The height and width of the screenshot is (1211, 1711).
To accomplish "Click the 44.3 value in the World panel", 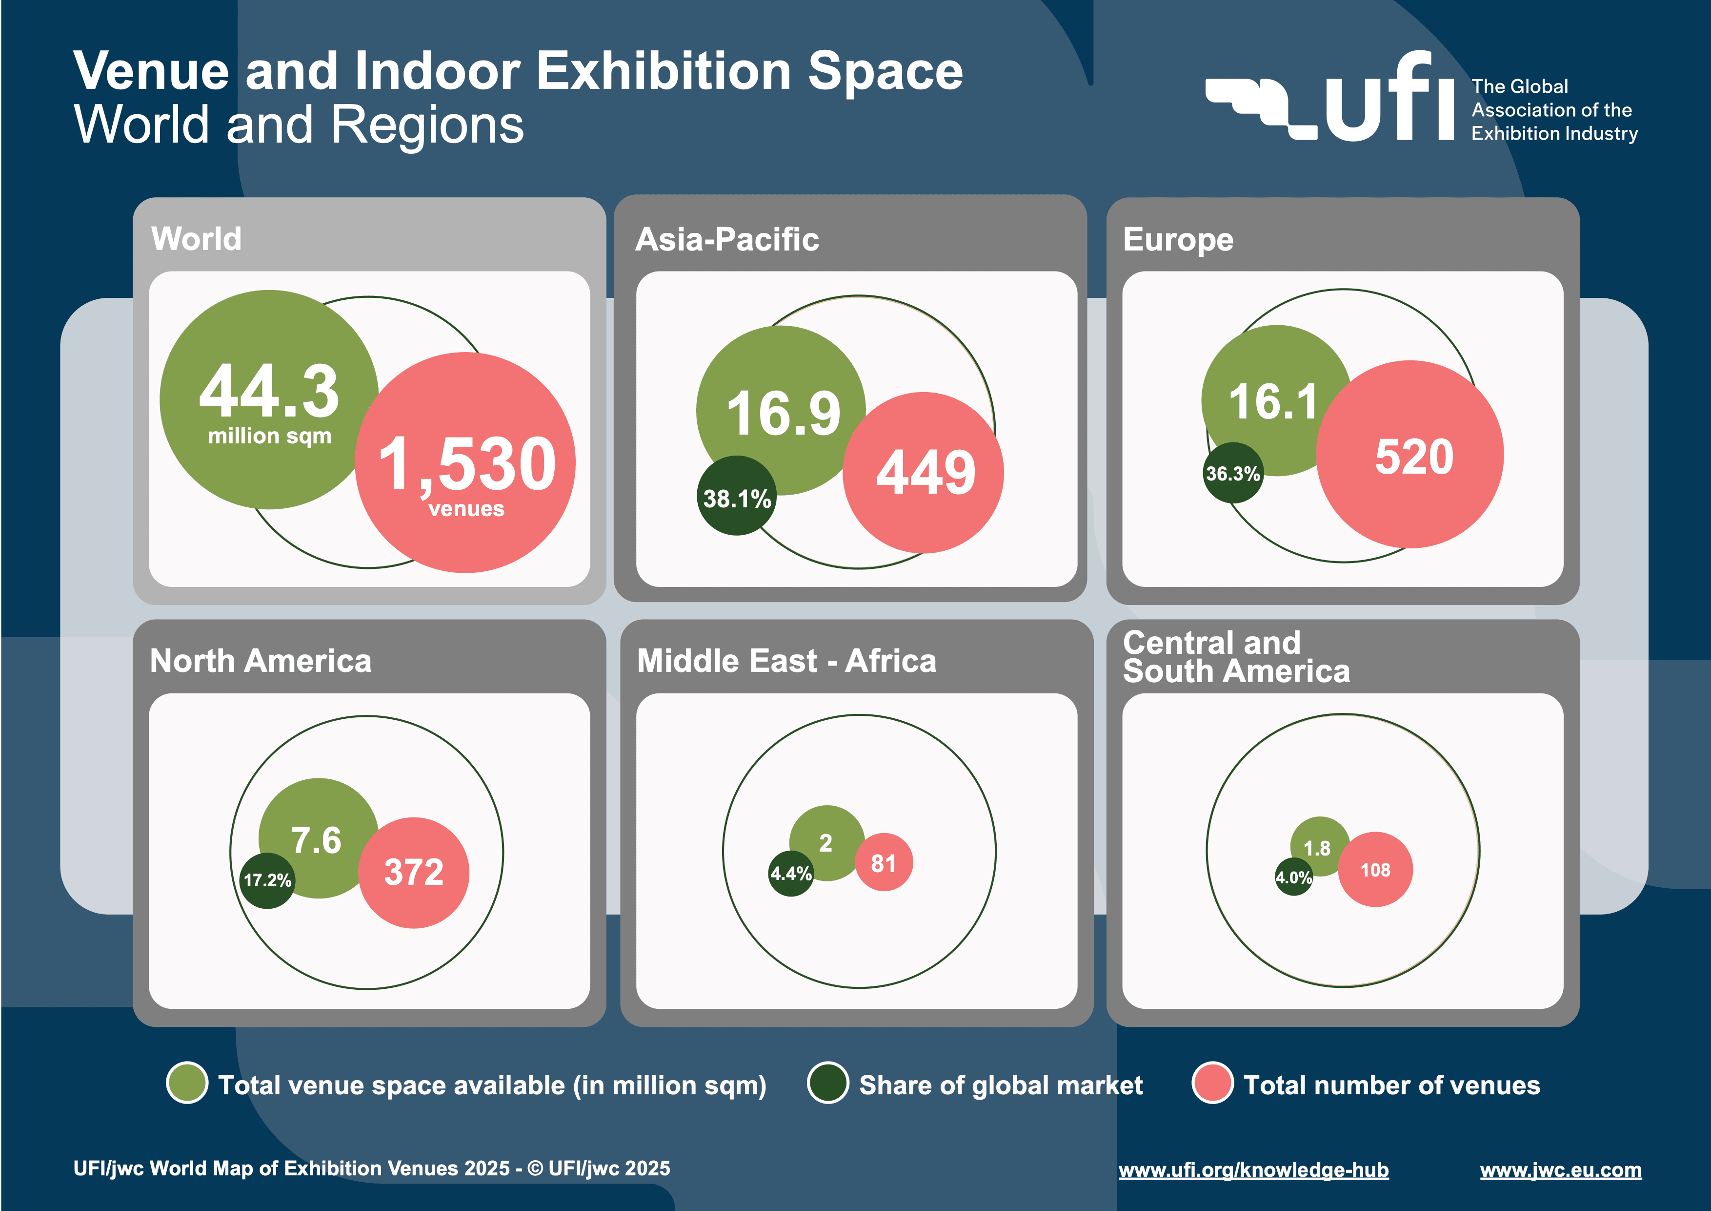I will (269, 392).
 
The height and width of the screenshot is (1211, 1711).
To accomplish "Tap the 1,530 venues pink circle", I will (466, 464).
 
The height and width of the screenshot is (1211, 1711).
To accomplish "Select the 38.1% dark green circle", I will (736, 497).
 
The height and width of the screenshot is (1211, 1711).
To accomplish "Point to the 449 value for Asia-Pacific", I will (925, 473).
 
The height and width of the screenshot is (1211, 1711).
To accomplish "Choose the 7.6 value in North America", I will (317, 840).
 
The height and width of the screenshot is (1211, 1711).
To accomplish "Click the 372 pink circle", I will (414, 873).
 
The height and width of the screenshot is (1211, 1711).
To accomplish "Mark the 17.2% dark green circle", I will (267, 880).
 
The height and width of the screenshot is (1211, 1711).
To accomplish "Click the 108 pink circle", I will (1375, 870).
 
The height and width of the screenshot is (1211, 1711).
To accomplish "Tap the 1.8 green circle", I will (1318, 846).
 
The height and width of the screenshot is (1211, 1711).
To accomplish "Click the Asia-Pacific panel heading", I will (726, 239).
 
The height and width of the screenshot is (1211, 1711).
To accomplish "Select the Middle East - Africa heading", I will (786, 661).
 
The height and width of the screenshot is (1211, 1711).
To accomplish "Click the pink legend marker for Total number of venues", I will (1212, 1084).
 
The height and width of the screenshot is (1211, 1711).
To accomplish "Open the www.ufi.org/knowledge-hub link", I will (1253, 1169).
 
